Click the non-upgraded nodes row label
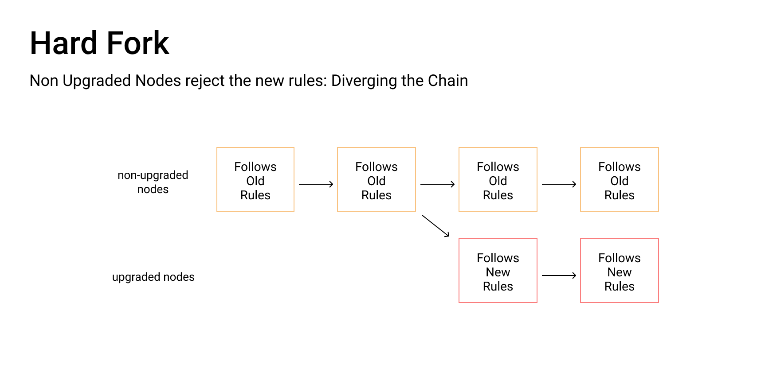[153, 182]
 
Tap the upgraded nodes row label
[153, 277]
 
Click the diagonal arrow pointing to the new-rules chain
[435, 226]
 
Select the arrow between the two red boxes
[559, 275]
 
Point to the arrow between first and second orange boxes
[316, 184]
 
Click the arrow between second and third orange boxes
[438, 184]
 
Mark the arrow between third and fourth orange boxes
[559, 184]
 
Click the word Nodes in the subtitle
[158, 81]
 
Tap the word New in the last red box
[620, 272]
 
